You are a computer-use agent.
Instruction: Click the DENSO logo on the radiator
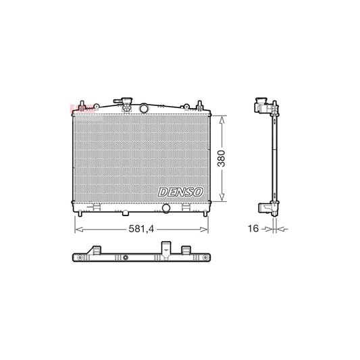click(x=181, y=192)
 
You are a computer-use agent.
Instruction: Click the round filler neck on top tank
click(x=145, y=108)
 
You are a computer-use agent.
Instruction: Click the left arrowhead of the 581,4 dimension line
click(x=76, y=230)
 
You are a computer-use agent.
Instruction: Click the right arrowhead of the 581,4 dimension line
click(x=207, y=230)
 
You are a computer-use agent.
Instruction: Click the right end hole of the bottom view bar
click(x=205, y=259)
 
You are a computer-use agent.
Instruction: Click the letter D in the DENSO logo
click(x=163, y=192)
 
